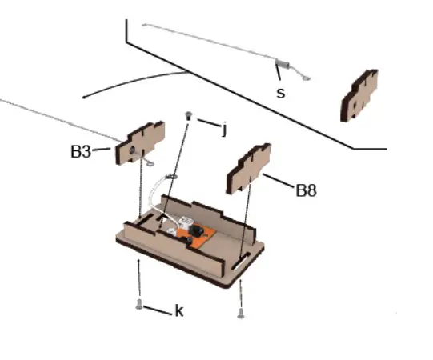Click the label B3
click(81, 150)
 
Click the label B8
click(307, 190)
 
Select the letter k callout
click(178, 310)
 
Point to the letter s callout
click(280, 92)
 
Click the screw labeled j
click(188, 116)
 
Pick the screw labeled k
click(140, 304)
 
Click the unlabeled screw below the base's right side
click(240, 313)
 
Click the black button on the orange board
click(194, 233)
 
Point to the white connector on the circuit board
click(183, 223)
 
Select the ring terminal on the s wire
click(305, 78)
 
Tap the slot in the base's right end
click(241, 262)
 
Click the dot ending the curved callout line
click(84, 98)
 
